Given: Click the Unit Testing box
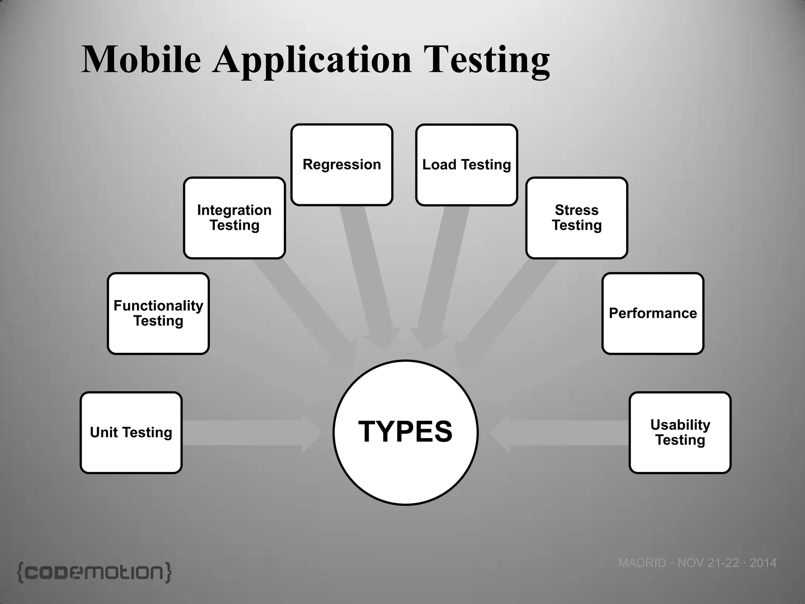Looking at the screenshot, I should [x=131, y=433].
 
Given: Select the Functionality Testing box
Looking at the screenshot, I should [x=158, y=313].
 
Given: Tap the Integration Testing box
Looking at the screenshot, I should [x=234, y=218].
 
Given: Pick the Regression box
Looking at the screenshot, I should [x=342, y=165].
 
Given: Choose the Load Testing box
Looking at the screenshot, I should [x=467, y=165].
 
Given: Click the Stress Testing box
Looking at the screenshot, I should [x=577, y=218].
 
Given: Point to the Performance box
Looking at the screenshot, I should [x=652, y=313].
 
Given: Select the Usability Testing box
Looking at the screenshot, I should [x=680, y=433].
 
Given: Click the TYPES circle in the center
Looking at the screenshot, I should [x=406, y=433].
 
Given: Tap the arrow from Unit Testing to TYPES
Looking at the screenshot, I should [x=252, y=433].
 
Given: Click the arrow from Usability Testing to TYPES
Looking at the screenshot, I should [x=558, y=433].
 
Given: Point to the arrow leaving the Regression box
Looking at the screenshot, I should [x=369, y=275].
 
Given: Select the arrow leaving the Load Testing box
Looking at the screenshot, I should [x=440, y=275].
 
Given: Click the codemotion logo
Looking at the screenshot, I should [x=94, y=572].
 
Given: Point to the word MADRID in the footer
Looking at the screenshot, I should [x=642, y=563].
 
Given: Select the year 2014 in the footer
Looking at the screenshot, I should [x=763, y=563].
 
